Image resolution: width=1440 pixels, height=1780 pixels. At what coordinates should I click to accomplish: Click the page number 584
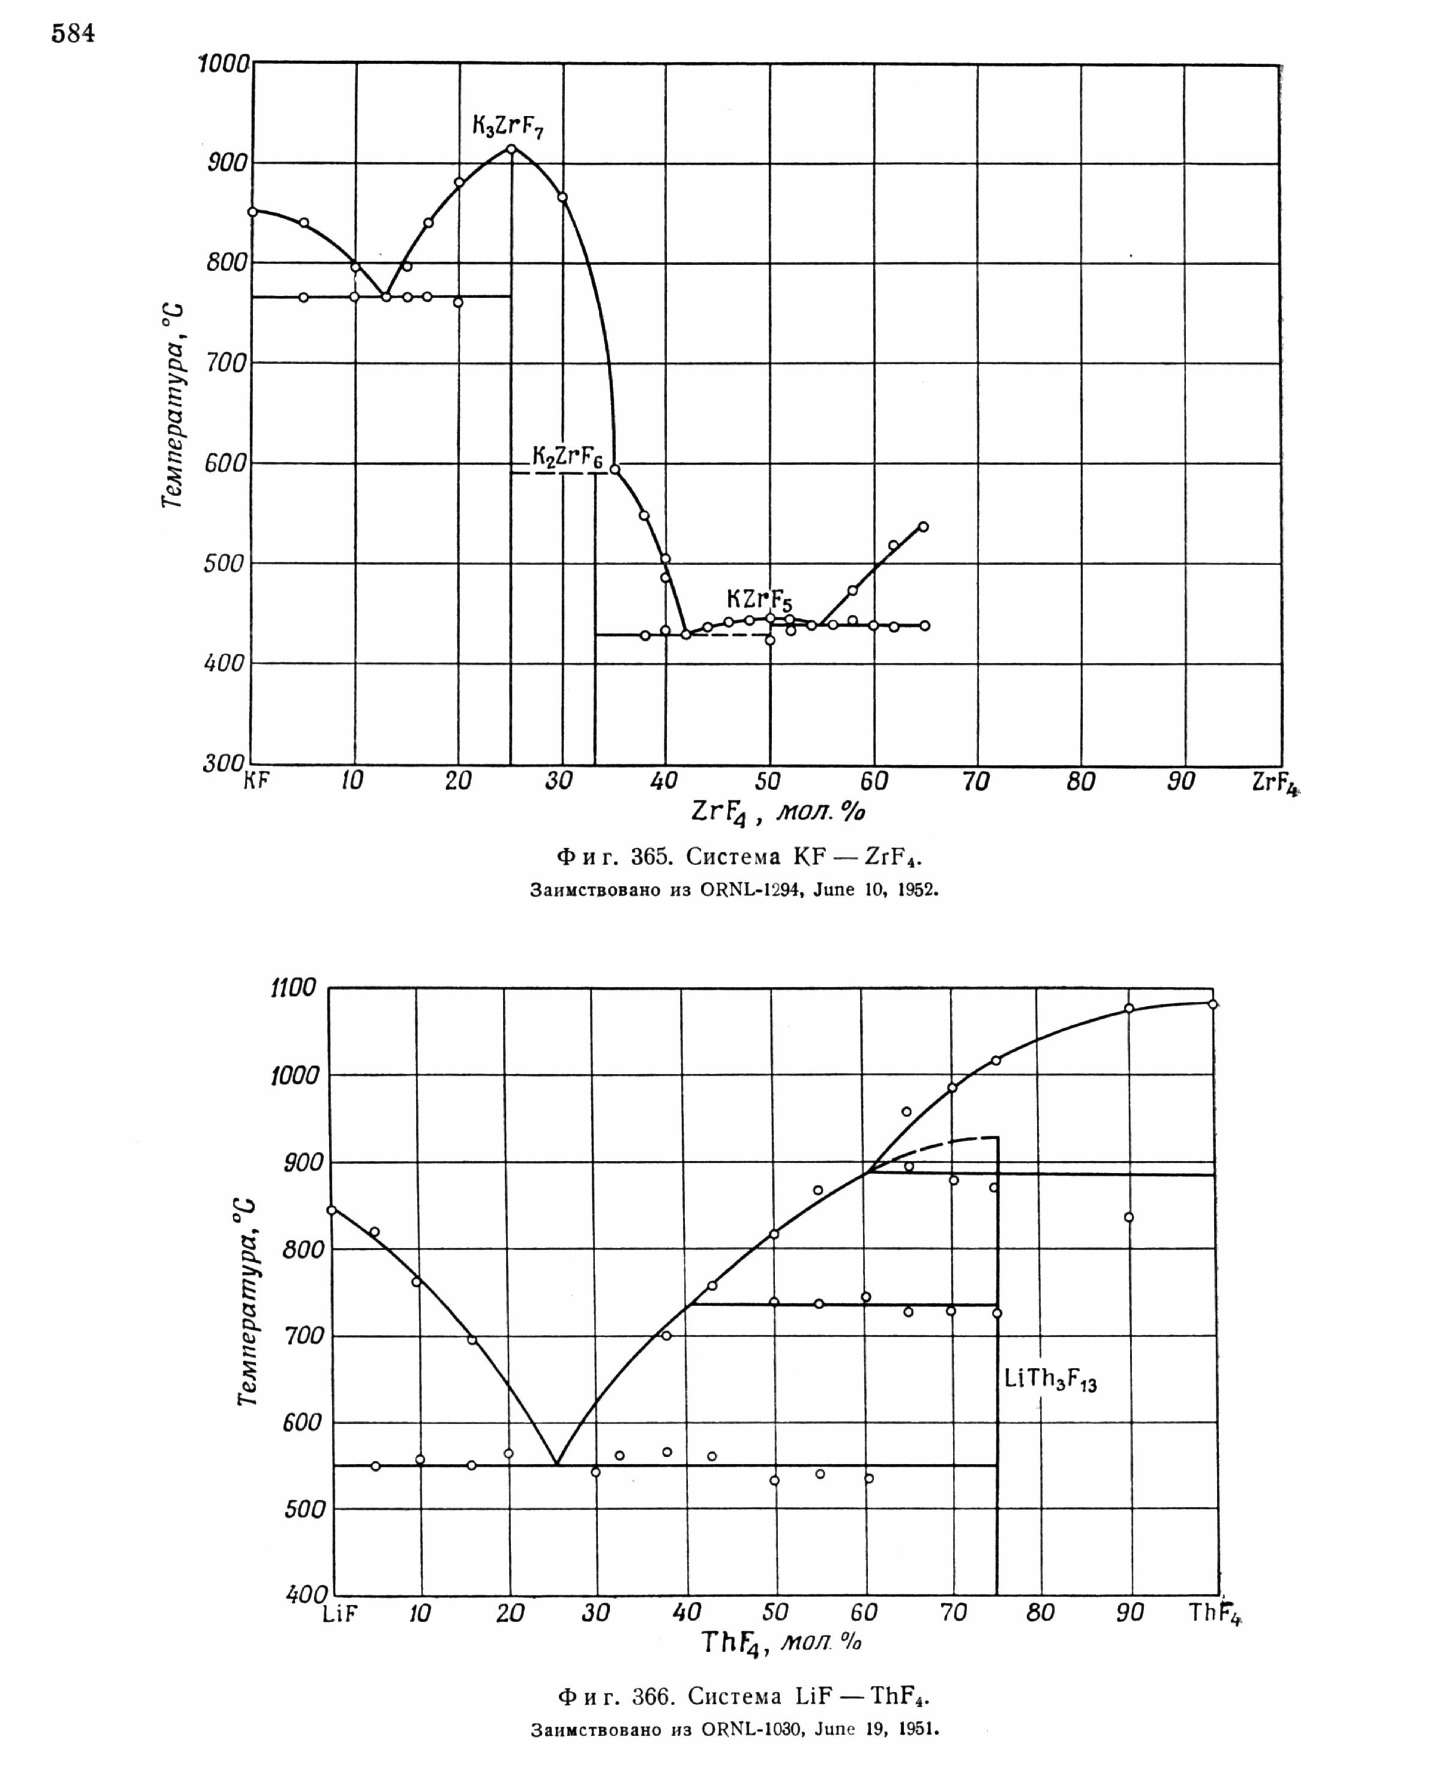[73, 34]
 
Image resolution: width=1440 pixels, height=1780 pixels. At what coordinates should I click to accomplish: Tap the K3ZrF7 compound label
[508, 127]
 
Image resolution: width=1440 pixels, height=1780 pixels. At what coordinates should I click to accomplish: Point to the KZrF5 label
[759, 600]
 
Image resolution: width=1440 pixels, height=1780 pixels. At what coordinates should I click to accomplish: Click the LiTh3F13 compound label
[1050, 1380]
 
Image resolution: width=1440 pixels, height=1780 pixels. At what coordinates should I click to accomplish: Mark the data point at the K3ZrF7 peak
[511, 149]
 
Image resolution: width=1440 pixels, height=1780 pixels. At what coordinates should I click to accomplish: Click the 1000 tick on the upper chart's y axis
[224, 63]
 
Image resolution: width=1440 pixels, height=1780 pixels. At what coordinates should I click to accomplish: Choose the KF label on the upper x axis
[256, 781]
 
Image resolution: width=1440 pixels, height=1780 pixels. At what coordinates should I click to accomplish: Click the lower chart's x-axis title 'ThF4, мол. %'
[781, 1643]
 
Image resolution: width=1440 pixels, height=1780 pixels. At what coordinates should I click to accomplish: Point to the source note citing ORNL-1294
[734, 890]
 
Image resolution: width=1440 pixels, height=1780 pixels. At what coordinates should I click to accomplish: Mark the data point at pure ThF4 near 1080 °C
[1213, 1004]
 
